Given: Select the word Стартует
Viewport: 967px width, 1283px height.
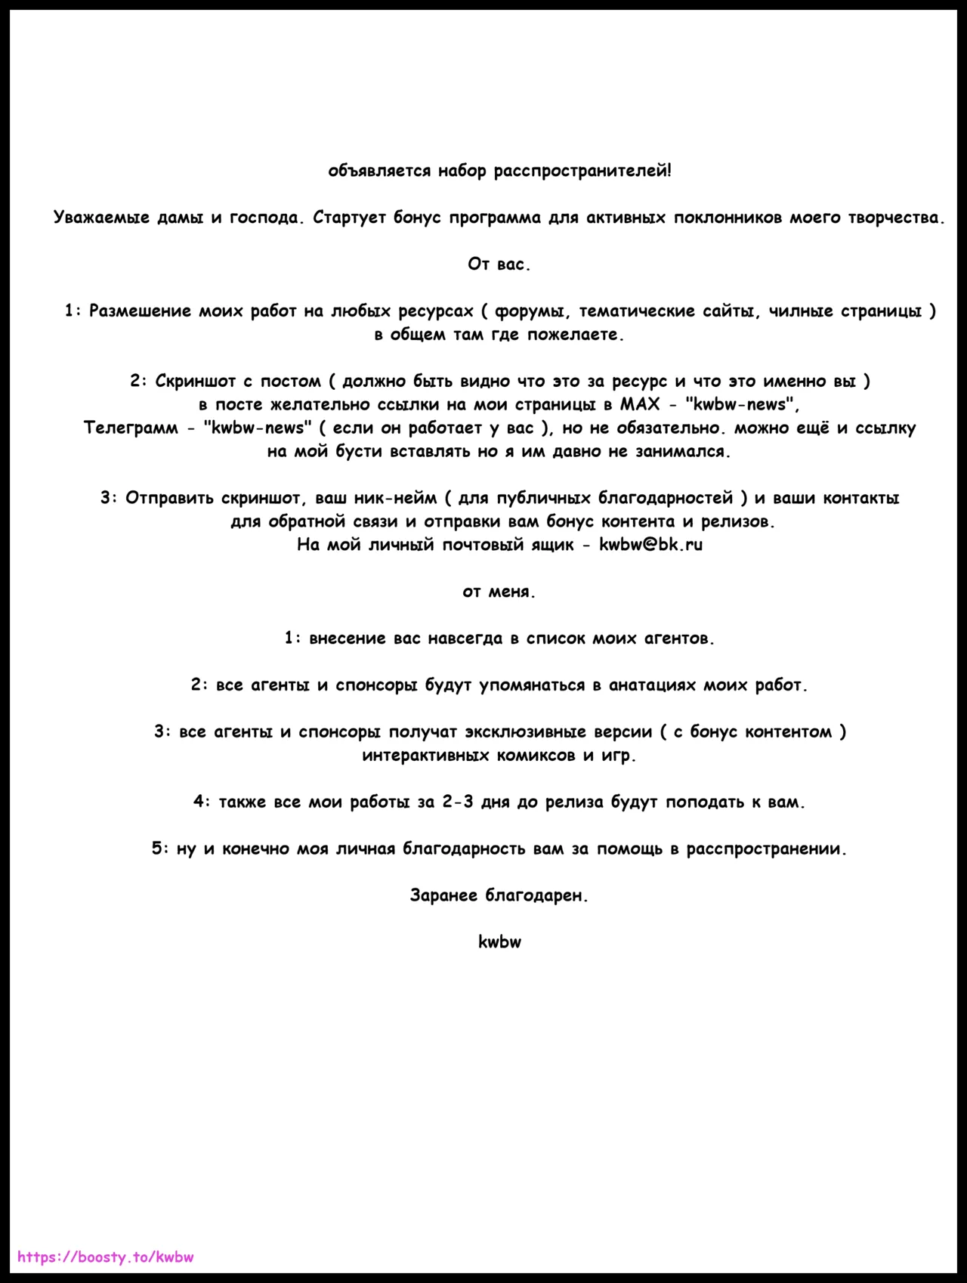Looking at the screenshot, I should click(x=349, y=218).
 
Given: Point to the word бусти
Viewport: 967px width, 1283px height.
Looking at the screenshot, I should click(x=360, y=452).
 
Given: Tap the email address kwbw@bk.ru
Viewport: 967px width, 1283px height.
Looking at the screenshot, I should click(x=650, y=545).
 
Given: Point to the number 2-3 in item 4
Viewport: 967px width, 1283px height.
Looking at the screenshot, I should click(x=458, y=802).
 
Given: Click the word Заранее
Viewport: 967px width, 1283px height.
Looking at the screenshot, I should click(x=443, y=895).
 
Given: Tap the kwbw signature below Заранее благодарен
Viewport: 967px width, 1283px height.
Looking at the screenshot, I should click(x=499, y=942).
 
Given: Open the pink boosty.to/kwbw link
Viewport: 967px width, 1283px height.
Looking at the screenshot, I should click(x=106, y=1257).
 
